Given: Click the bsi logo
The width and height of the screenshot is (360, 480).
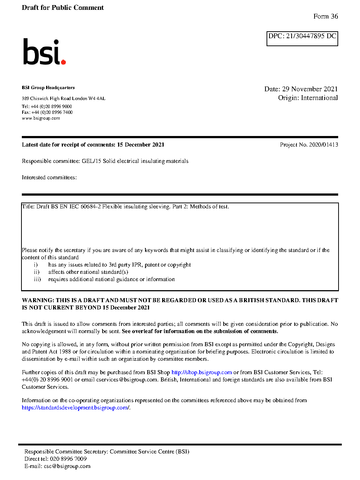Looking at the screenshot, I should [44, 52].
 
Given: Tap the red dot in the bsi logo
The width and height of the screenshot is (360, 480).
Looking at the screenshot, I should [63, 62].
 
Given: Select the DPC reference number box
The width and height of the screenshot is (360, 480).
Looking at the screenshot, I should [302, 38].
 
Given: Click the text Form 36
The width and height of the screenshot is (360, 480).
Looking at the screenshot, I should [325, 16].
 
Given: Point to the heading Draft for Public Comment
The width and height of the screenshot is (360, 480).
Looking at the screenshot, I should [63, 8].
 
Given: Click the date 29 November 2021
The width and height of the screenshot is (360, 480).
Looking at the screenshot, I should [310, 89].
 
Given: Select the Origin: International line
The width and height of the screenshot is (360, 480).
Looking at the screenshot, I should [308, 98].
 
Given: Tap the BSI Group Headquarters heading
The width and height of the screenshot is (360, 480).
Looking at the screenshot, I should [48, 88].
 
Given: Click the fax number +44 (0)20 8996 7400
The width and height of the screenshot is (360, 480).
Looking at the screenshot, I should [52, 112].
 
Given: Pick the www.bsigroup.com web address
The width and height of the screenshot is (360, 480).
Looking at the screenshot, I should [41, 118].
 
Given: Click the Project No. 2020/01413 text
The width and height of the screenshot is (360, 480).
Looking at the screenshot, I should [309, 145].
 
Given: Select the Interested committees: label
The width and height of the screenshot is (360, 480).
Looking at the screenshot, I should [49, 177].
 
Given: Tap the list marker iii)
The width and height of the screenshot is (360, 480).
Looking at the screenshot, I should [37, 279].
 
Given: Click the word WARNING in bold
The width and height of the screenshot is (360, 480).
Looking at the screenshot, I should [38, 300].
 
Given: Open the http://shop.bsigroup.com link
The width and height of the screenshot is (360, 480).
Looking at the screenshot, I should [201, 372].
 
